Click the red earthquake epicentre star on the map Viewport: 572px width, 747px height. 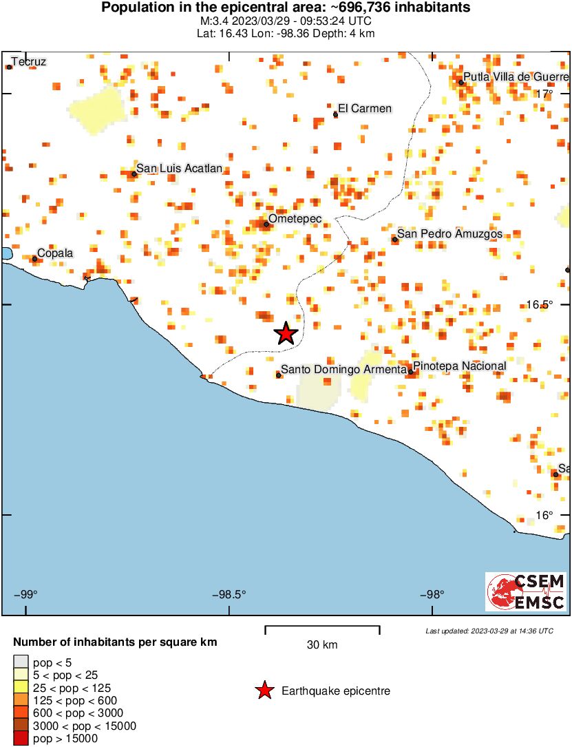286,333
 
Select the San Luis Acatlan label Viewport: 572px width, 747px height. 179,169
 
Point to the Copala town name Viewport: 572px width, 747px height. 54,253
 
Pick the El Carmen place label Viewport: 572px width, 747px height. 366,108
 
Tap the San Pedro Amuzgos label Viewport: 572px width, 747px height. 450,234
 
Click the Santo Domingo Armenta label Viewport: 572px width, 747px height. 344,370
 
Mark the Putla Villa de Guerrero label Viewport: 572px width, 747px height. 516,76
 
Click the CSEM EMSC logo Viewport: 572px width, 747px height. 526,592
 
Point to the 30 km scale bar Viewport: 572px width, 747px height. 322,627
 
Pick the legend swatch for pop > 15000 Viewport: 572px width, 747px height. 21,739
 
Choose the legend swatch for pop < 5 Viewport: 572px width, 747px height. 21,662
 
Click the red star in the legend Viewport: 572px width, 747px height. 264,691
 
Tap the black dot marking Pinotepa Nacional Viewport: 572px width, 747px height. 411,372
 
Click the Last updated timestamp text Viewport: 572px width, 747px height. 489,631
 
